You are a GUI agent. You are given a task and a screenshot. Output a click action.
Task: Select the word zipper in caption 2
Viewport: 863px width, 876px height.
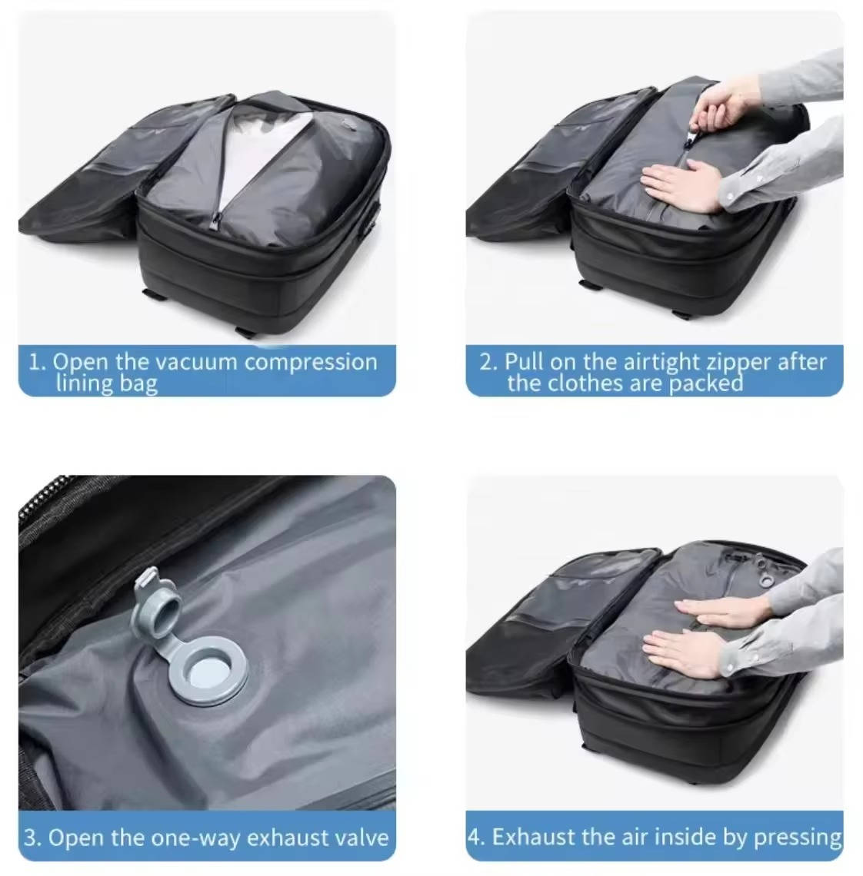(739, 362)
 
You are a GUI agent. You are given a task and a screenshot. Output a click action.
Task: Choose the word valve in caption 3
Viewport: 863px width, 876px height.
(363, 837)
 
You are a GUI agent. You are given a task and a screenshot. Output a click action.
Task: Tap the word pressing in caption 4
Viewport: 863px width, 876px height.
(798, 837)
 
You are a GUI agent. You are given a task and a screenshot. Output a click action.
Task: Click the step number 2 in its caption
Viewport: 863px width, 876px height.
(487, 362)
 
